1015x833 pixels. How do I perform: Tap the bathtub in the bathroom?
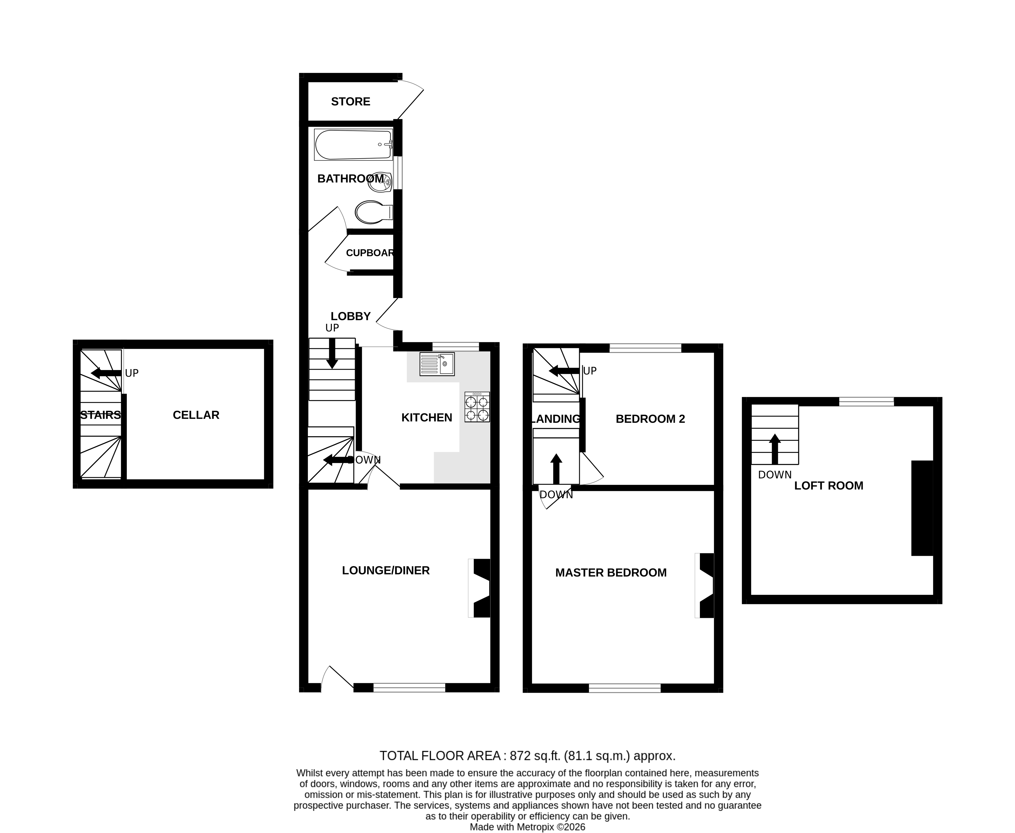coord(354,144)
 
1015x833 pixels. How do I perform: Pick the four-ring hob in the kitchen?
coord(477,407)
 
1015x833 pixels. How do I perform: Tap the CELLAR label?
coord(196,415)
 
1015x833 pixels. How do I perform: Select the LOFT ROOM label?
coord(828,486)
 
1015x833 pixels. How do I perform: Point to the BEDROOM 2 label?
coord(650,419)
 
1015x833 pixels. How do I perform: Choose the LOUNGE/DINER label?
coord(386,571)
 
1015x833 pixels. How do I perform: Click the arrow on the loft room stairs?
coord(775,449)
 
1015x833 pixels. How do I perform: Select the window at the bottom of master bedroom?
coord(624,688)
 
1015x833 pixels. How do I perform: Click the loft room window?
coord(866,402)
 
